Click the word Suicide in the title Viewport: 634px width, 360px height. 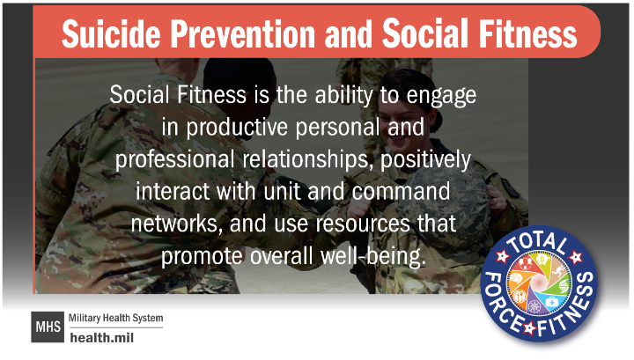[x=111, y=33]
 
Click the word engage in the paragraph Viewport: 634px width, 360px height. [x=441, y=96]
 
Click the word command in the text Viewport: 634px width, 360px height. [x=401, y=191]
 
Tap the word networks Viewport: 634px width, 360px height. [x=177, y=224]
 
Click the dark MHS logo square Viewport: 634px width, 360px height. [x=48, y=327]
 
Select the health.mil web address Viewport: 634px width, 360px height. [x=101, y=337]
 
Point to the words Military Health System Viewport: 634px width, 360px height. [x=115, y=319]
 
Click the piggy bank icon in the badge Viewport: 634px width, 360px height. [x=541, y=259]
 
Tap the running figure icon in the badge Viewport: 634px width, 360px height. [x=558, y=271]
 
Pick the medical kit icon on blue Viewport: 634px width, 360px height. [x=551, y=301]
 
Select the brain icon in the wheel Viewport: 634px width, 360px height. [x=516, y=278]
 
